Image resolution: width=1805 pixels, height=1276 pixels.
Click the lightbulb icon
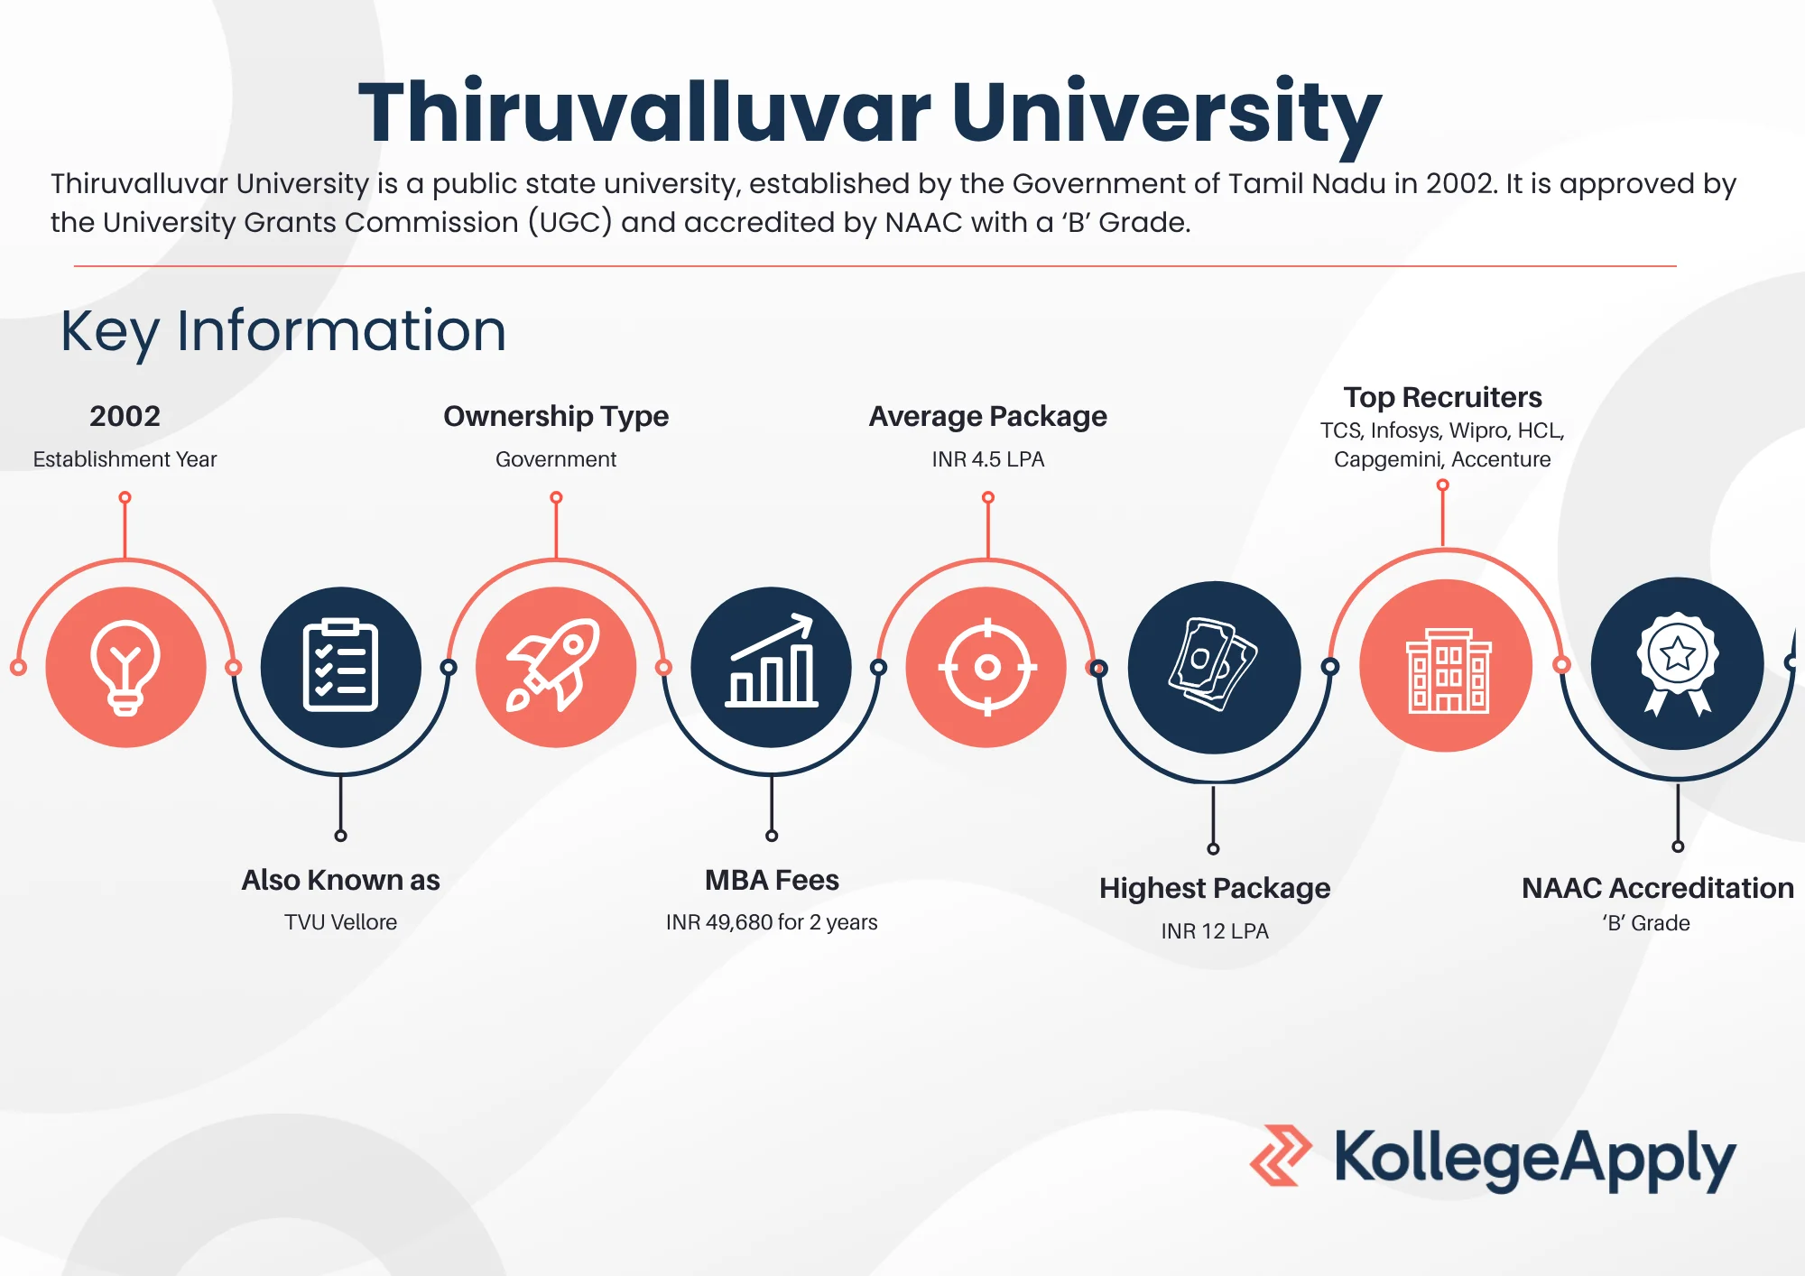click(x=125, y=667)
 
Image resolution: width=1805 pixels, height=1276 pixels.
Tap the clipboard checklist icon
click(x=340, y=665)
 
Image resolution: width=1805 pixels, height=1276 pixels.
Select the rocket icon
click(x=554, y=665)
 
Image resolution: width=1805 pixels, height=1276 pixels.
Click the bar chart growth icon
click(x=773, y=661)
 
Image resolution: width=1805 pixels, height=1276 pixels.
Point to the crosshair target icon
click(x=987, y=667)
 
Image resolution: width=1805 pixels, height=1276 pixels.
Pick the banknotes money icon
click(x=1214, y=665)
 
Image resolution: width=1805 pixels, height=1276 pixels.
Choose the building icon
click(x=1449, y=670)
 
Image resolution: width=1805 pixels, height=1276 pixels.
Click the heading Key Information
click(x=283, y=331)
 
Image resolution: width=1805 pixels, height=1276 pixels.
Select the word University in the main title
click(x=1166, y=114)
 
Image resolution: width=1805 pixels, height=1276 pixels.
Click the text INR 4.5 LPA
click(x=988, y=459)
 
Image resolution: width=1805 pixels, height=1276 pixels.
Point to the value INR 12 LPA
click(x=1215, y=931)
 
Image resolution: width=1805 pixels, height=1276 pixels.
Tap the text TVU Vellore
click(x=340, y=922)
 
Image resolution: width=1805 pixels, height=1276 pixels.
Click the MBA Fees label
click(x=772, y=880)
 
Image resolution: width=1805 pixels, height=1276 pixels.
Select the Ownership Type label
click(x=556, y=417)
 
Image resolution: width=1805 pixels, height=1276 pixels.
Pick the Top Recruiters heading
click(x=1442, y=398)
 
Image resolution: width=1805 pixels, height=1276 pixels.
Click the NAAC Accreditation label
click(x=1658, y=888)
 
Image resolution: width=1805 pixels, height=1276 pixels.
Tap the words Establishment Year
click(x=125, y=459)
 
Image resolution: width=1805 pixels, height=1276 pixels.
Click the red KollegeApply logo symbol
click(x=1280, y=1155)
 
